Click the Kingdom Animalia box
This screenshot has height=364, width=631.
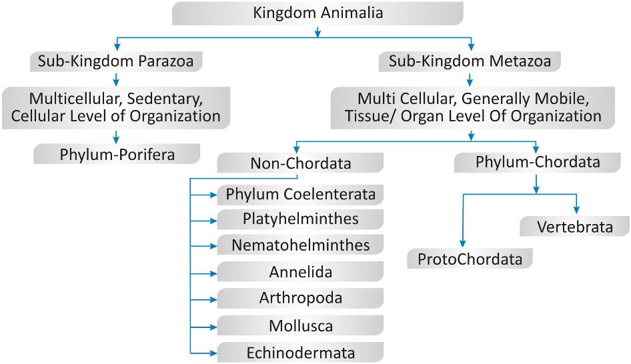[x=318, y=12]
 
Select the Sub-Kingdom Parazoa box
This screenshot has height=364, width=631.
[x=116, y=61]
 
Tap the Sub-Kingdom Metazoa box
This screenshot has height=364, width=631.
[x=470, y=61]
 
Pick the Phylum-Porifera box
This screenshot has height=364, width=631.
[x=117, y=154]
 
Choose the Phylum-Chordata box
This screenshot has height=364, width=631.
[x=537, y=161]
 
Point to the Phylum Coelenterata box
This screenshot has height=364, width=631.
[x=300, y=195]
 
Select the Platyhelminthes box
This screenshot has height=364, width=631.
[x=300, y=219]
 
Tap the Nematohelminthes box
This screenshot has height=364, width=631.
[x=300, y=245]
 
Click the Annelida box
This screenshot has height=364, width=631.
[x=300, y=271]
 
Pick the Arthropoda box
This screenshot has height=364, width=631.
[x=300, y=297]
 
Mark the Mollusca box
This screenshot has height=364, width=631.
[x=300, y=326]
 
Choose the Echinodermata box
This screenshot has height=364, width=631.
[x=300, y=353]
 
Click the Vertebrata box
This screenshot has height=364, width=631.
[x=574, y=227]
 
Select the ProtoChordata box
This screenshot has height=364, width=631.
[x=470, y=259]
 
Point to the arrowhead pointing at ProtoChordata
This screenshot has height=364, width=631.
[x=463, y=244]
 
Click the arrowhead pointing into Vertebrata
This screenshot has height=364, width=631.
[x=576, y=211]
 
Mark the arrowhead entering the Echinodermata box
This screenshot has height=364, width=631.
[x=213, y=352]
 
